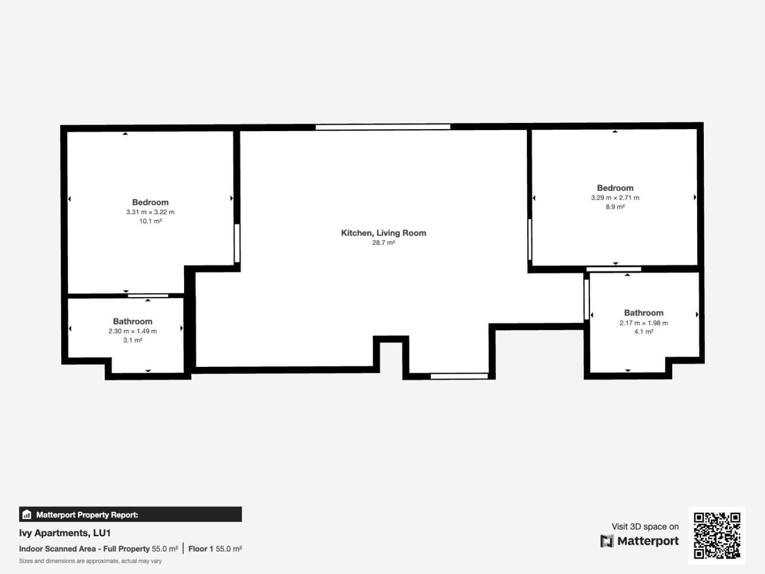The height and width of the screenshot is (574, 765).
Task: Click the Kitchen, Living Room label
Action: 383,233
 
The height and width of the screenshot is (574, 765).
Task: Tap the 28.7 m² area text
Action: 383,243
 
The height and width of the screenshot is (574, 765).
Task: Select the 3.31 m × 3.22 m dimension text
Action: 150,212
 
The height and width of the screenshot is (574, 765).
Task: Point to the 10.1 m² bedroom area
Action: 150,221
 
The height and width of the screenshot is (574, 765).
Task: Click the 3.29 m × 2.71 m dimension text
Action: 615,198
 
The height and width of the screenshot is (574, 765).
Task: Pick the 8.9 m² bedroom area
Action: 615,207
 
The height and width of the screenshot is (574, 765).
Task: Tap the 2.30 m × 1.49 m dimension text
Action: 132,331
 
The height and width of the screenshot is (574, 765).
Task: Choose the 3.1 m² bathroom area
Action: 132,340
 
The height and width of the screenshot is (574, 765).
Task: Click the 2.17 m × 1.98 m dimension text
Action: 644,323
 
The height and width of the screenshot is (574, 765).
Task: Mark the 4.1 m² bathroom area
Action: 644,332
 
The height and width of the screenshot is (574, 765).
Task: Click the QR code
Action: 717,535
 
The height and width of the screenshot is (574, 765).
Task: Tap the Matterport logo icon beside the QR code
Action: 607,541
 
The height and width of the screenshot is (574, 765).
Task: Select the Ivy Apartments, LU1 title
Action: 65,533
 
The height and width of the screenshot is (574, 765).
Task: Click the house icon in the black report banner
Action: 27,514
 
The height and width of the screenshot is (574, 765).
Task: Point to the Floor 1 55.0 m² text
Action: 215,549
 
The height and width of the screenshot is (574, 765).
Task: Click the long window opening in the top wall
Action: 382,127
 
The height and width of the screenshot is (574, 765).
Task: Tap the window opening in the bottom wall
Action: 459,376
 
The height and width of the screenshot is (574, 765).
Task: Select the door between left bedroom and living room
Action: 237,243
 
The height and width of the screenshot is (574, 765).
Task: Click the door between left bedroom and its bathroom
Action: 148,296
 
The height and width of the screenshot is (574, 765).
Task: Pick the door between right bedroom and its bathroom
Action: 613,269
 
